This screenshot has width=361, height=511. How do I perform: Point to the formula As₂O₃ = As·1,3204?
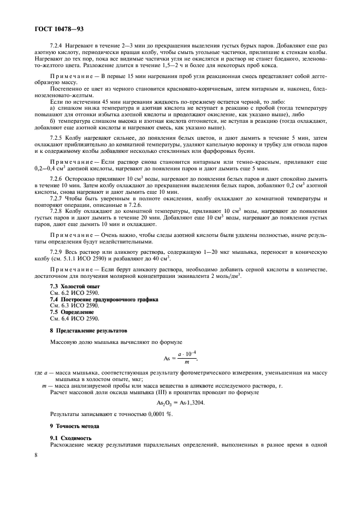click(180, 403)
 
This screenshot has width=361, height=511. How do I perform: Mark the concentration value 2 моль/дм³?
click(224, 275)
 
